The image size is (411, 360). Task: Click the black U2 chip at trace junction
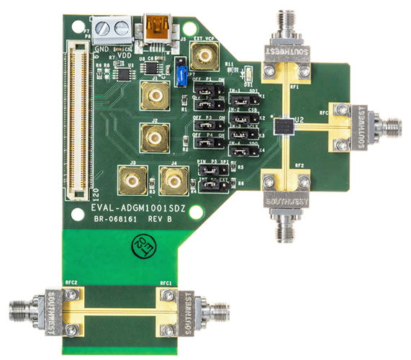click(x=286, y=125)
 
